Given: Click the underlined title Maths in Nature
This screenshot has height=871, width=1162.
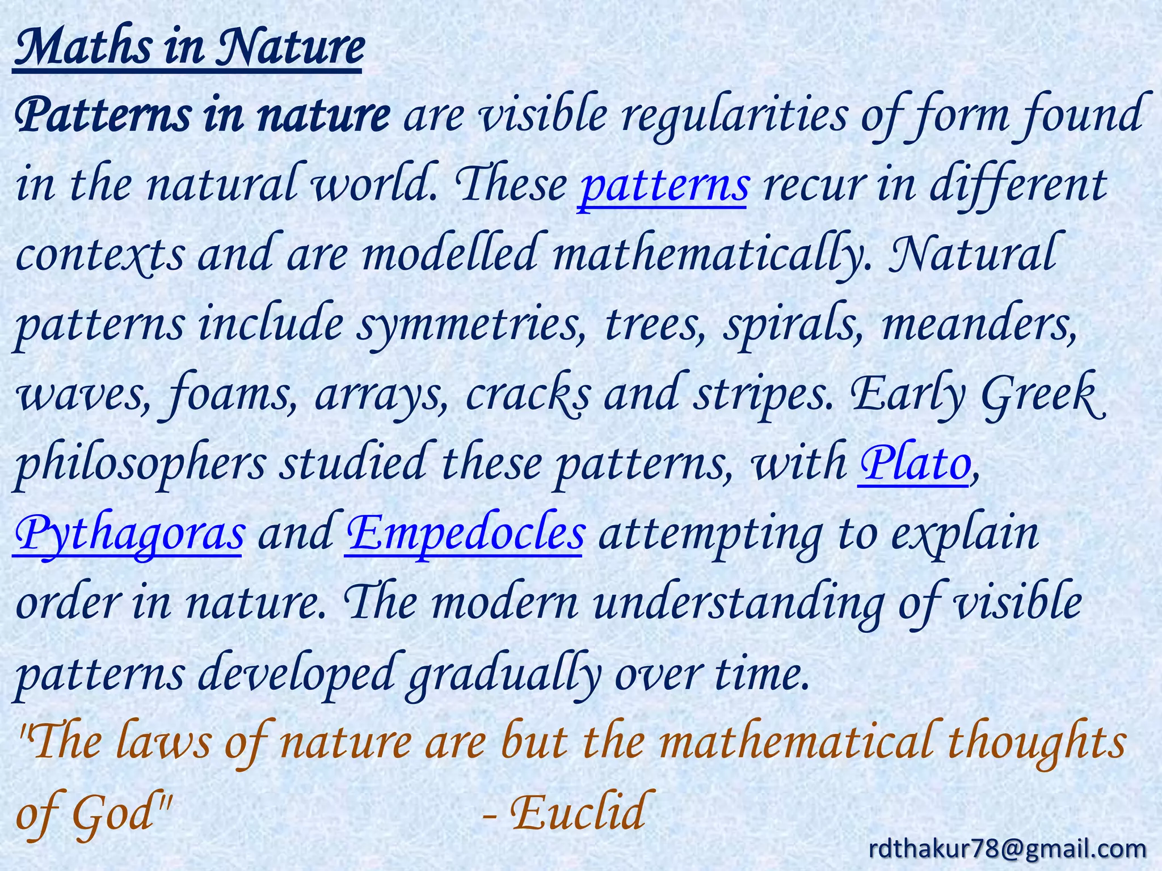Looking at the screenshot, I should click(188, 48).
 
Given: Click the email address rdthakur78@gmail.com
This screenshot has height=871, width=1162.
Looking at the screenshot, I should click(1008, 848).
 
